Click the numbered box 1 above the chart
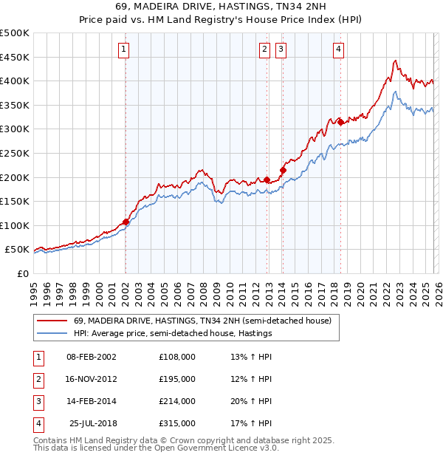pos(123,49)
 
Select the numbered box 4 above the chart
pos(338,49)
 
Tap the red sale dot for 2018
pos(340,123)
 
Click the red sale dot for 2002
pos(126,221)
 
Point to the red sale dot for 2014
pos(283,171)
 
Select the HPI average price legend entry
pos(173,334)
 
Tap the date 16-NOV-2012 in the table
pos(92,379)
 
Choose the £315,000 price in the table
pos(177,424)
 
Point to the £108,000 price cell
pos(177,357)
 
